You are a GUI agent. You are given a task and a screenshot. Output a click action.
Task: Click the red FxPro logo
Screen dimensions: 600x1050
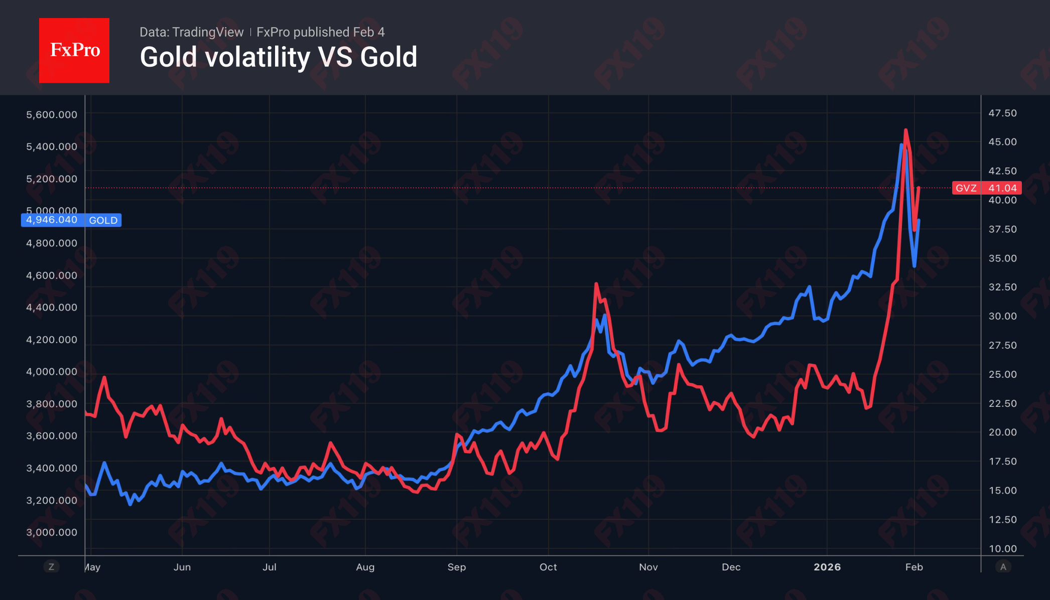pos(74,50)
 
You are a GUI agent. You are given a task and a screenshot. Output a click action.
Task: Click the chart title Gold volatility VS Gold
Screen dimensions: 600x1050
pos(278,57)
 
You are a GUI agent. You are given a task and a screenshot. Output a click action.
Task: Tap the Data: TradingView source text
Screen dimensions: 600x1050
pos(191,32)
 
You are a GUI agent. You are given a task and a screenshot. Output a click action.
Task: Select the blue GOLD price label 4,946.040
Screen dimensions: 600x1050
pos(71,220)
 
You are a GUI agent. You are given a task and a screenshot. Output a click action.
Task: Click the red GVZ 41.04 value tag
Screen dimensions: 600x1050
pos(986,188)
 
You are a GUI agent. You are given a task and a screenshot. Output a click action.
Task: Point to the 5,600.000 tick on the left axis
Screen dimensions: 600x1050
pos(52,114)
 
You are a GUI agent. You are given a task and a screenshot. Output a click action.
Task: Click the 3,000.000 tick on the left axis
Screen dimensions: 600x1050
pos(52,532)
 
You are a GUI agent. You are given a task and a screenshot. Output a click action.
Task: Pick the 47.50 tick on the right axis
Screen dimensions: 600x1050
pos(1002,113)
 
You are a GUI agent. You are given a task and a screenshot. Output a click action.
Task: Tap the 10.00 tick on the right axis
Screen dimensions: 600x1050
pos(1002,548)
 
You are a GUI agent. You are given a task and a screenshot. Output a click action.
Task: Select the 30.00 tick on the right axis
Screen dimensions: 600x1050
pos(1002,316)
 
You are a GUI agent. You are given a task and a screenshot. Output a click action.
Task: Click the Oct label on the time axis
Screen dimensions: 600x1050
pos(548,567)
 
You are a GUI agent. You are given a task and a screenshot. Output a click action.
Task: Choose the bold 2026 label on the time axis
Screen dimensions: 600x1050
pos(827,567)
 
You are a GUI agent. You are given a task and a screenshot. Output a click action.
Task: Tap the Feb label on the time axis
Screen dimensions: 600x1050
pos(913,567)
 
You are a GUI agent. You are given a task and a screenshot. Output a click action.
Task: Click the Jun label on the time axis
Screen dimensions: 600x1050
pos(182,567)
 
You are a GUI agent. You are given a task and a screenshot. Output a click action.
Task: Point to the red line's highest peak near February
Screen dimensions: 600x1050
pos(905,130)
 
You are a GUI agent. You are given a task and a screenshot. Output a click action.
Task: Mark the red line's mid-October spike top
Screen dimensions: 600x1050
pos(596,284)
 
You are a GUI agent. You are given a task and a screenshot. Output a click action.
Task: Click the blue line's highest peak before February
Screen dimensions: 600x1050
pos(901,145)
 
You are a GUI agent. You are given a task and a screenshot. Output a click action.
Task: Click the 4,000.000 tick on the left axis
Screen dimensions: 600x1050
pos(52,372)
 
